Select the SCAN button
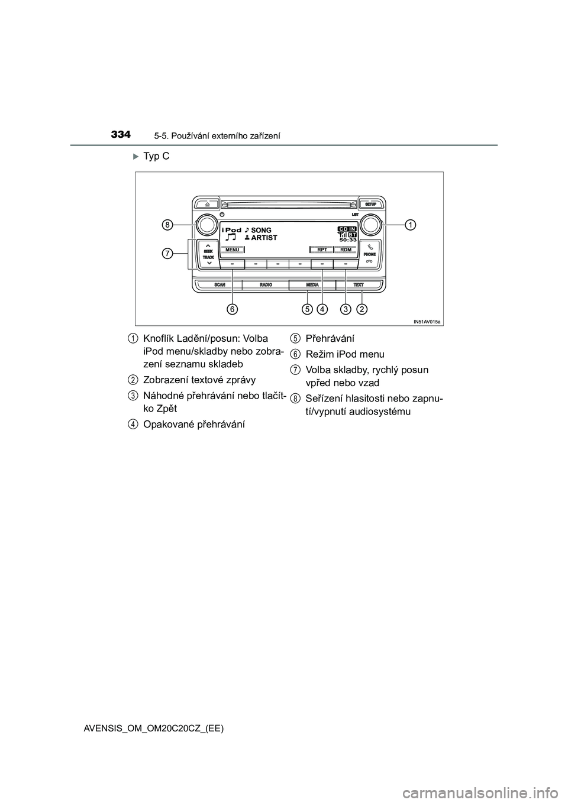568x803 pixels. tap(220, 285)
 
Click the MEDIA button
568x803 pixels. tap(312, 285)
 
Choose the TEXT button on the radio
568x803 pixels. tap(359, 285)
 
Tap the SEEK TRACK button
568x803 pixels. tap(208, 254)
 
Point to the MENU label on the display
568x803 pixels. tap(232, 250)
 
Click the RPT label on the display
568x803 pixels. tap(322, 250)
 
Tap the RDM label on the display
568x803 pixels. tap(346, 250)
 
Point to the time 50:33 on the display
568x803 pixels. tap(348, 240)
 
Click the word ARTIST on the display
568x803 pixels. tap(264, 238)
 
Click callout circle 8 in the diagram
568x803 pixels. tap(168, 225)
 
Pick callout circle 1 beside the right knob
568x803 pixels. tap(410, 224)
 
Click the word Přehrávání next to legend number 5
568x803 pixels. tap(330, 339)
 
